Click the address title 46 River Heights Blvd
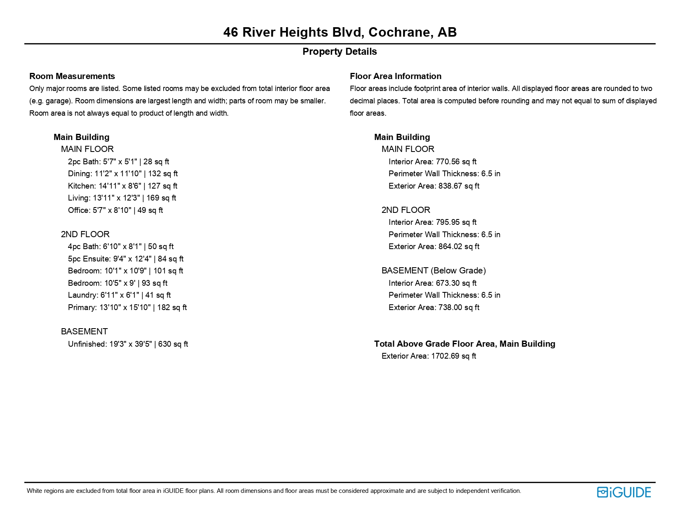click(340, 32)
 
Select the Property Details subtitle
click(340, 51)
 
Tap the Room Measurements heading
click(72, 76)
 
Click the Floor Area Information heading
click(395, 76)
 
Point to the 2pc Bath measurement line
click(118, 162)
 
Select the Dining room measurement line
click(123, 174)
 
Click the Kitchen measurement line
click(122, 186)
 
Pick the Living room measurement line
click(122, 198)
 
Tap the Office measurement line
click(115, 210)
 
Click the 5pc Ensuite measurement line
click(126, 259)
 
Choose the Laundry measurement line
click(119, 295)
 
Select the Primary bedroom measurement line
click(127, 308)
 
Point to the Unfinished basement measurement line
click(128, 344)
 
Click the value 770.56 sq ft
click(456, 162)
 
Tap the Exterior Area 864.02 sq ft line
click(434, 247)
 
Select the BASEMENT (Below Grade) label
click(434, 271)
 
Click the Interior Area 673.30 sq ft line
click(432, 283)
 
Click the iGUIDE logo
click(624, 492)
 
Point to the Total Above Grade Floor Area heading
click(464, 344)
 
